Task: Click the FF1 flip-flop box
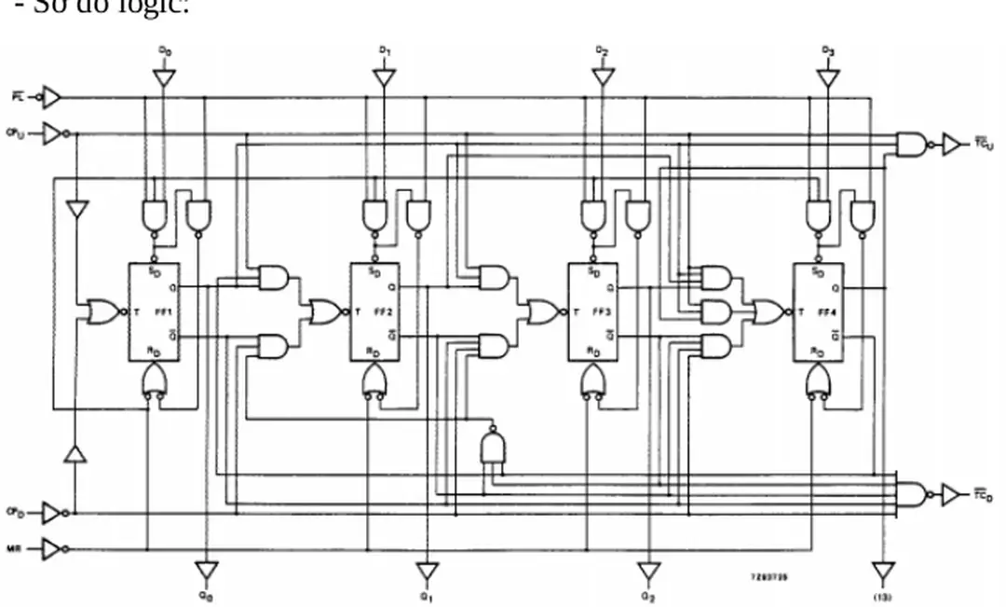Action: click(x=154, y=311)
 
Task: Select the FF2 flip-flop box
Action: click(x=374, y=311)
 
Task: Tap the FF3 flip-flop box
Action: click(x=593, y=311)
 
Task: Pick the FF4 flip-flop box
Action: click(x=818, y=311)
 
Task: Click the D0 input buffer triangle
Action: click(x=164, y=78)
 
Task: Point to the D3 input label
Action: click(x=827, y=49)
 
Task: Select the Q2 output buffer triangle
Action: click(x=648, y=570)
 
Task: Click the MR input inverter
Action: click(x=52, y=550)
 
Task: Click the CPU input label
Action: click(x=15, y=133)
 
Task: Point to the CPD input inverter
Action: click(x=52, y=512)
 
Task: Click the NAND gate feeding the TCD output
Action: click(x=910, y=494)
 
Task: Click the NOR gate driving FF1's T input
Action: click(x=102, y=312)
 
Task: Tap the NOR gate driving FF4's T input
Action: click(x=768, y=310)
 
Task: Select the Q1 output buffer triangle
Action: click(x=427, y=570)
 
